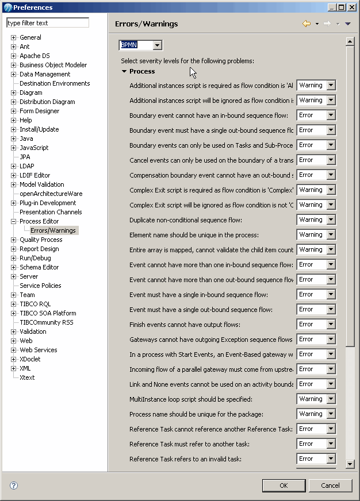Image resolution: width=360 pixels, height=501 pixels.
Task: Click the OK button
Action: [x=284, y=485]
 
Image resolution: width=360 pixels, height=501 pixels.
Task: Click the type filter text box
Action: [x=48, y=23]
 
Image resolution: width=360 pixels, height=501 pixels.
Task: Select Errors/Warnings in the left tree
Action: [x=53, y=230]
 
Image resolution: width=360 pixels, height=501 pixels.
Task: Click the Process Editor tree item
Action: [x=39, y=221]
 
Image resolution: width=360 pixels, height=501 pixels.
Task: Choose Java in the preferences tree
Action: [x=26, y=138]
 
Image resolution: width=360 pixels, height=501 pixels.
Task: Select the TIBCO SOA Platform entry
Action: [x=48, y=313]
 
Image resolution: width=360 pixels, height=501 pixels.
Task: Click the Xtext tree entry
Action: [x=27, y=377]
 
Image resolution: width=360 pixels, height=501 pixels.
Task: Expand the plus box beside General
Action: [x=14, y=37]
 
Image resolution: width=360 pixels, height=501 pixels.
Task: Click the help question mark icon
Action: [x=14, y=485]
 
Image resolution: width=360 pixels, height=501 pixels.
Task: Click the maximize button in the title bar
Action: [x=342, y=7]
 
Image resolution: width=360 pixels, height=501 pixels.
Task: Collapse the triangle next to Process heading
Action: [x=124, y=72]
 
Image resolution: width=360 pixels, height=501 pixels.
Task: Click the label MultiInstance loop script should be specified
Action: [x=191, y=399]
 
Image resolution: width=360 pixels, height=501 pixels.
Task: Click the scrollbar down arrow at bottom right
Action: [x=350, y=463]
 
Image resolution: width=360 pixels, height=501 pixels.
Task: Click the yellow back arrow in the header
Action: [x=307, y=24]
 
